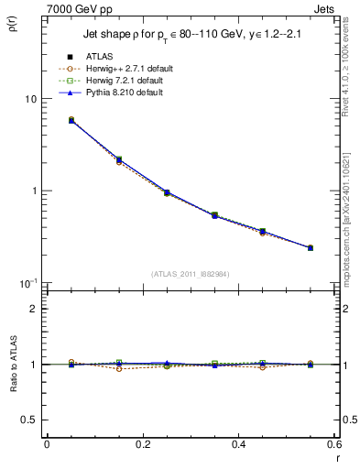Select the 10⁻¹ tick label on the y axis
pyautogui.click(x=27, y=282)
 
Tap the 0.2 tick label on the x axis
pyautogui.click(x=142, y=444)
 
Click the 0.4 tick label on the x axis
pyautogui.click(x=238, y=444)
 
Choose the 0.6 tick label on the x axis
pyautogui.click(x=333, y=444)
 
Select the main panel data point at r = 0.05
pyautogui.click(x=71, y=120)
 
